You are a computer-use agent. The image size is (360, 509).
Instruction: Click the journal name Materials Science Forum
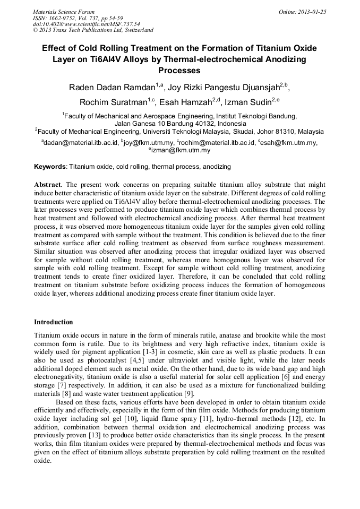pos(64,12)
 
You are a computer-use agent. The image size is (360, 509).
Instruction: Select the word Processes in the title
pos(179,70)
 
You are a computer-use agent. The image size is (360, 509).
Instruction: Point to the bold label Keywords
pos(50,167)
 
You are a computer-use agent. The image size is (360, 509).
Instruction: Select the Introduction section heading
pos(54,322)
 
